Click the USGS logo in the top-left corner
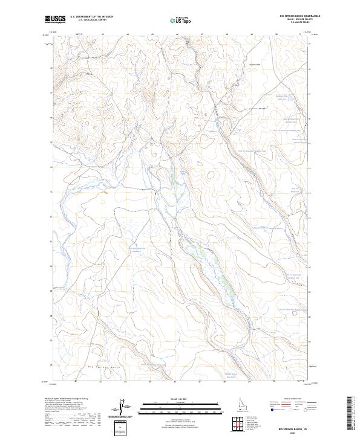click(56, 19)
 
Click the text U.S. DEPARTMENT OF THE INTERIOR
click(91, 17)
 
